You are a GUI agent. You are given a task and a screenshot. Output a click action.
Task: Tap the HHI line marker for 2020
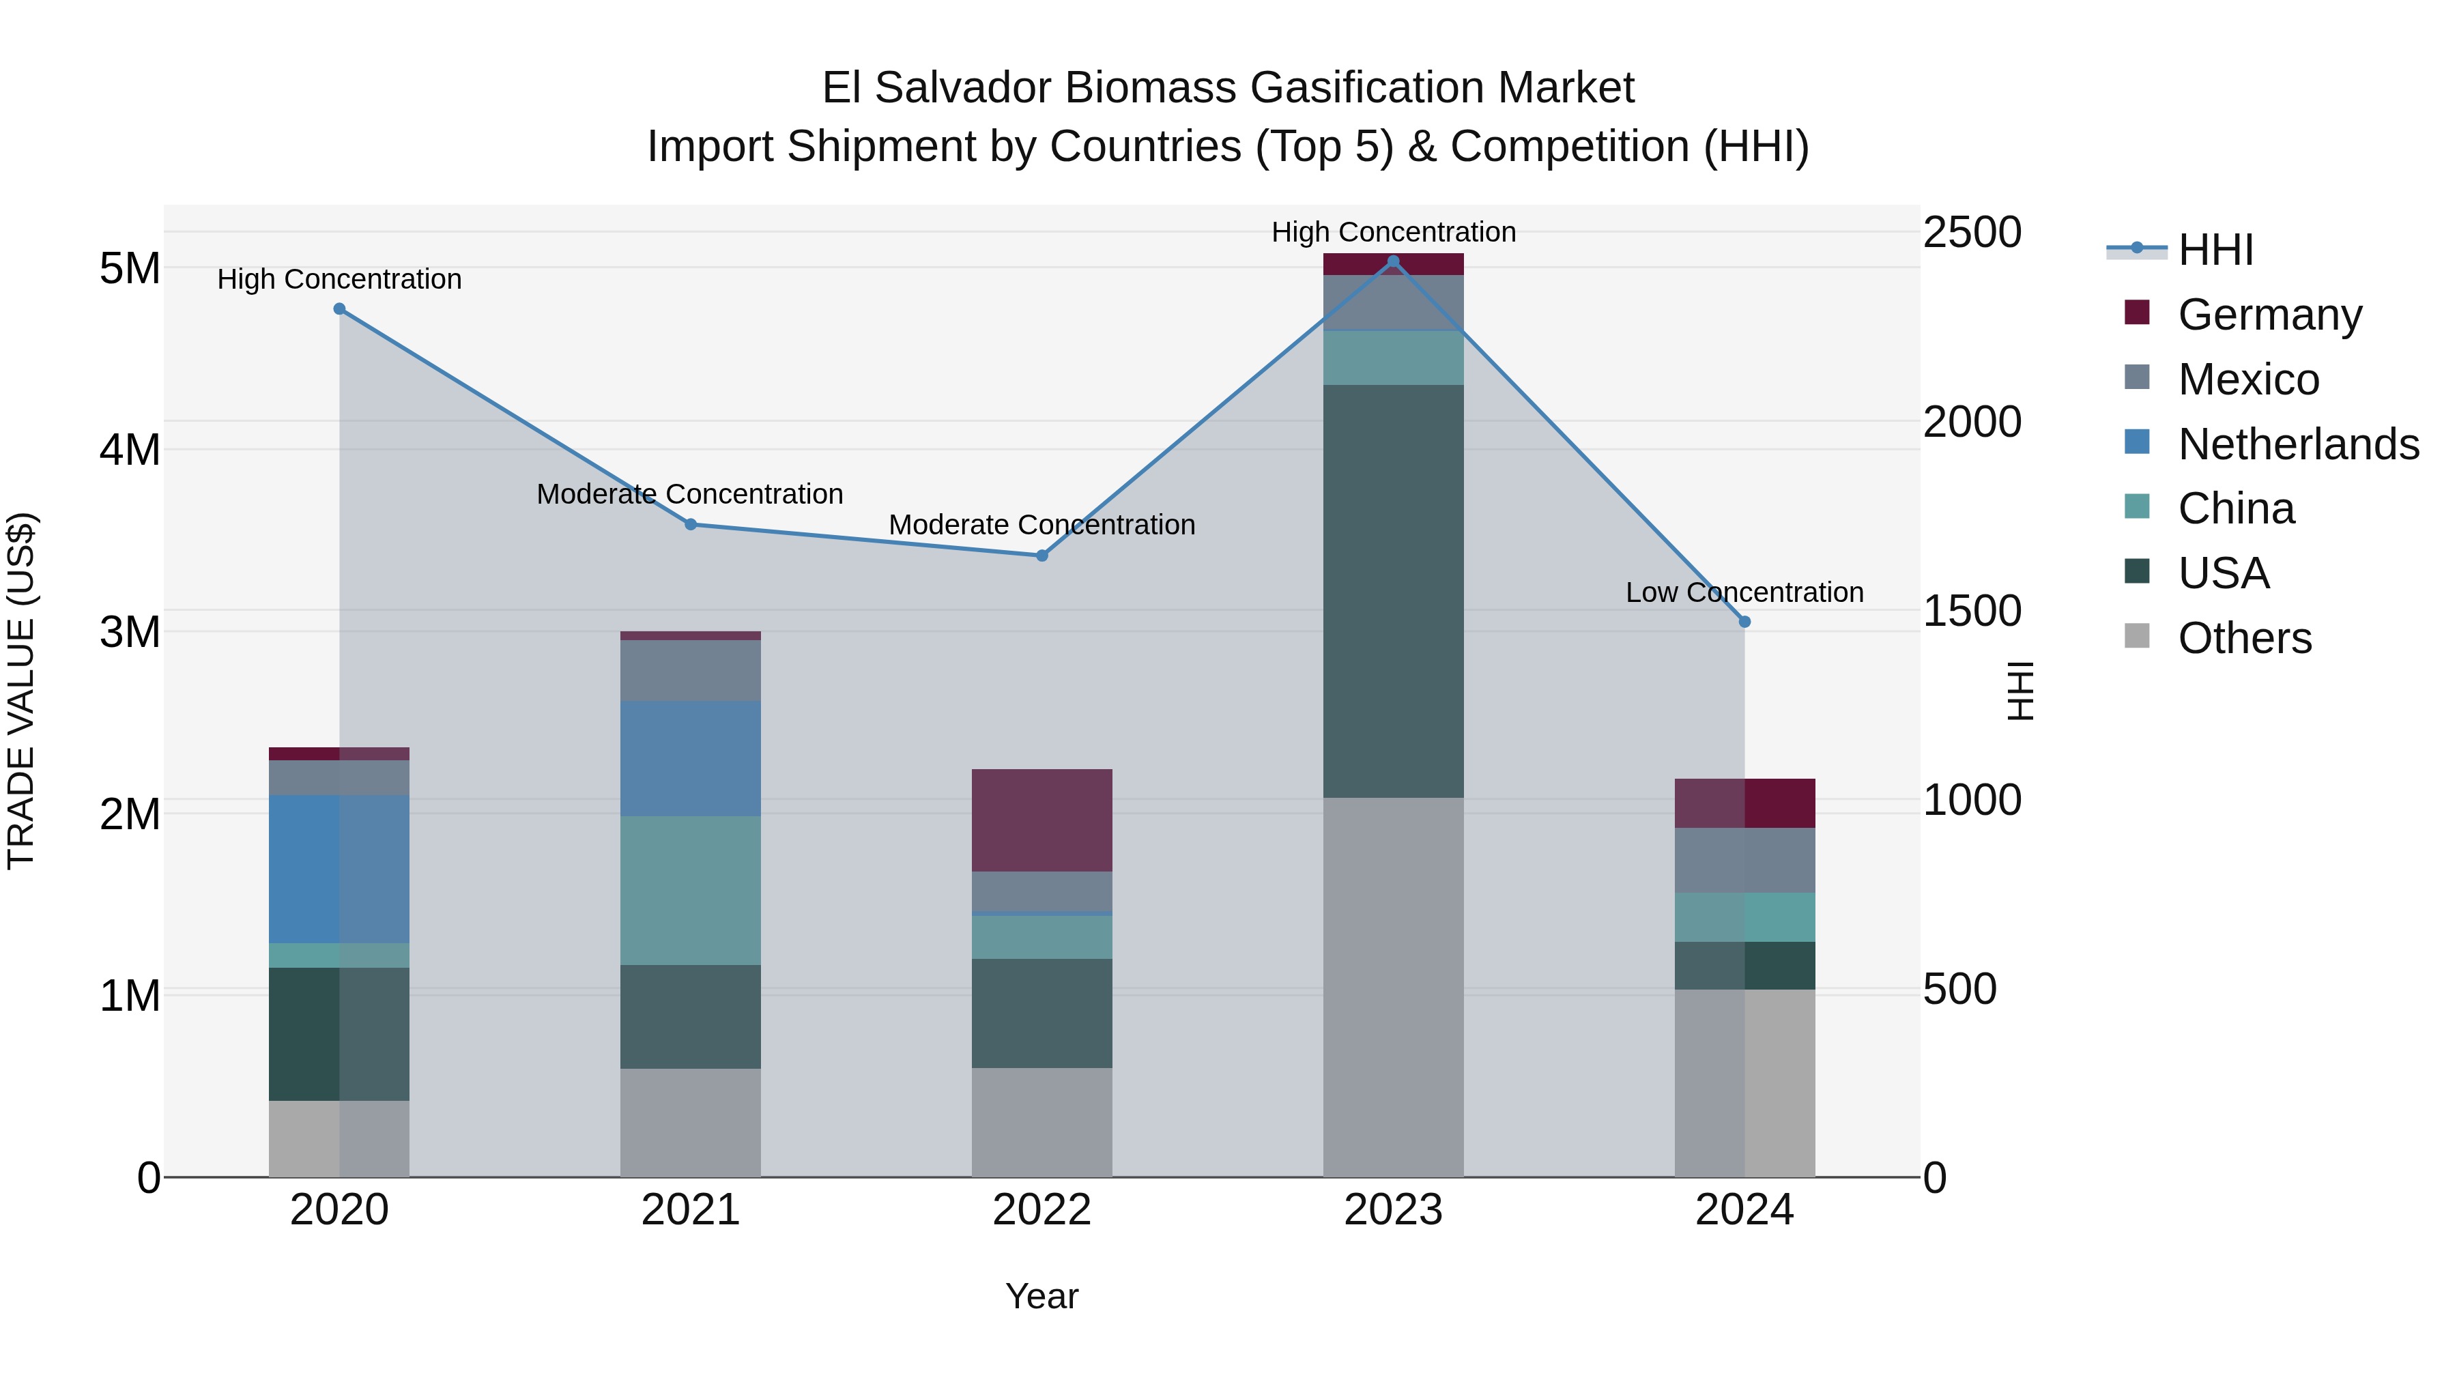[x=340, y=309]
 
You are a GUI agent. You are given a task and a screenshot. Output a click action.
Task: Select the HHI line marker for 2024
[x=1744, y=622]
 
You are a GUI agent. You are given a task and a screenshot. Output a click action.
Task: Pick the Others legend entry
[x=2244, y=637]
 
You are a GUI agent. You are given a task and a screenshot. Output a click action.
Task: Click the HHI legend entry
[x=2215, y=249]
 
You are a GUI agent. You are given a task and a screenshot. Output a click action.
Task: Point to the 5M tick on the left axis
[x=130, y=268]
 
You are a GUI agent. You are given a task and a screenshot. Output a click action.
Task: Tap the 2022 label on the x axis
[x=1041, y=1209]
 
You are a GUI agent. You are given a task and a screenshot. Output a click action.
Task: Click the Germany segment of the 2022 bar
[x=1041, y=820]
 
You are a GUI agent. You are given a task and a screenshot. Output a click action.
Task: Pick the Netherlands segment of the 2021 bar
[x=691, y=758]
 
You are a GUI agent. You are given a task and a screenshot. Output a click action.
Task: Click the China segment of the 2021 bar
[x=691, y=890]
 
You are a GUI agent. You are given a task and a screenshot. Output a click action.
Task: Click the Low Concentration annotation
[x=1744, y=592]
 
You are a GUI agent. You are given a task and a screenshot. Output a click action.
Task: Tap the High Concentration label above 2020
[x=340, y=279]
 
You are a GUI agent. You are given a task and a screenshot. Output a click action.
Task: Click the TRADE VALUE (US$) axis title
[x=21, y=691]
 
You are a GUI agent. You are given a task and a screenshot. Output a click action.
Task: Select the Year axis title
[x=1041, y=1296]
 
